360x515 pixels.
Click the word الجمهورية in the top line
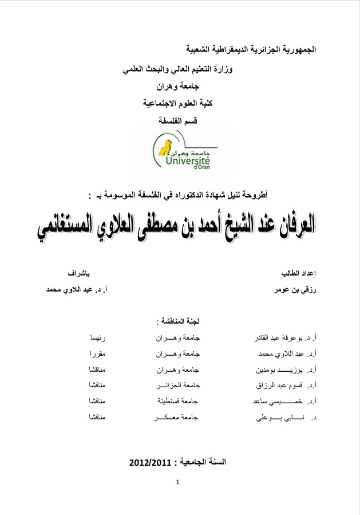pos(296,50)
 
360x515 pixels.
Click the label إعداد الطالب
pos(300,271)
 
